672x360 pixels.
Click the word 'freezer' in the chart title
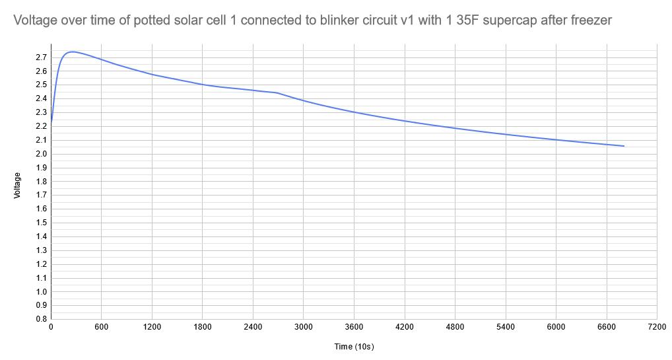pyautogui.click(x=591, y=21)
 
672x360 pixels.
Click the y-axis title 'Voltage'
pyautogui.click(x=18, y=185)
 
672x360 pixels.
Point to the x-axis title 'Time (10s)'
pyautogui.click(x=354, y=346)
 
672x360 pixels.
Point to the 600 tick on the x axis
pyautogui.click(x=101, y=328)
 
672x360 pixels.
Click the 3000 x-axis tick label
pyautogui.click(x=303, y=328)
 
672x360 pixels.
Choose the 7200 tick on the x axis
pyautogui.click(x=657, y=328)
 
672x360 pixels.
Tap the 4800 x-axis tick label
pyautogui.click(x=455, y=328)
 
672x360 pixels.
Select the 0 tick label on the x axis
pyautogui.click(x=51, y=328)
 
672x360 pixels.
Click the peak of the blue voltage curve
pyautogui.click(x=72, y=52)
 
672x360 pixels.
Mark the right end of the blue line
pyautogui.click(x=624, y=146)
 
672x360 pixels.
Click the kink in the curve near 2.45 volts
pyautogui.click(x=277, y=92)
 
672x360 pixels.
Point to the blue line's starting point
pyautogui.click(x=51, y=122)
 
